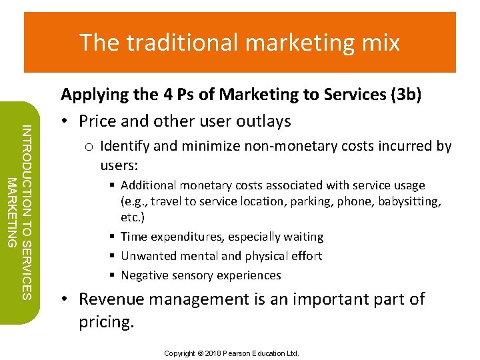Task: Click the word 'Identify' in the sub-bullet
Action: pos(125,145)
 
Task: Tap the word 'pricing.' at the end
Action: pos(107,322)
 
